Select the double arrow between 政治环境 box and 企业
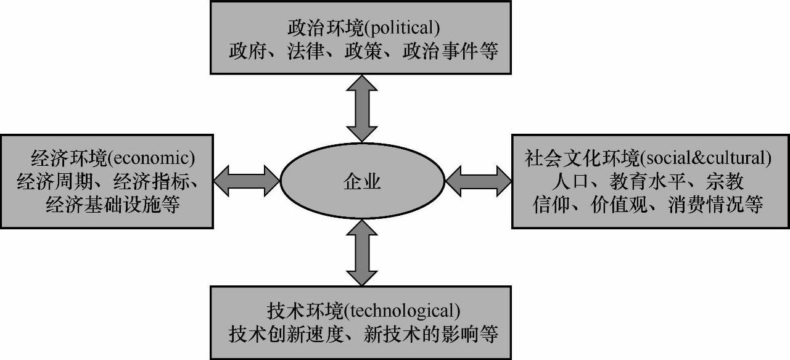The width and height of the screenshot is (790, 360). pos(362,108)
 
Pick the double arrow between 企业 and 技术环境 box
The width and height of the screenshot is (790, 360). pos(362,253)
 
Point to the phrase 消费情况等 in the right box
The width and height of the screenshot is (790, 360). pos(715,205)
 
